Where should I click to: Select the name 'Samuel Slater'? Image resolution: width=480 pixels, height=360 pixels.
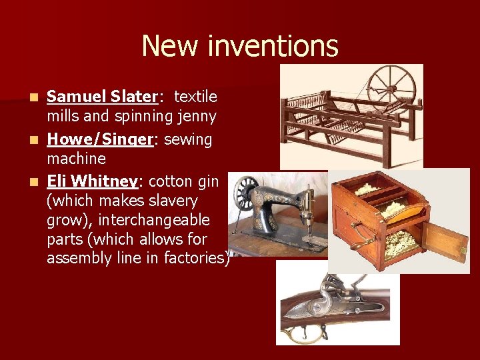click(101, 97)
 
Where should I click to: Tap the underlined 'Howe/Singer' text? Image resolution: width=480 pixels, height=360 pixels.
click(92, 139)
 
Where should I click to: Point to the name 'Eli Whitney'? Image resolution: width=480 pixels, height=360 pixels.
click(91, 181)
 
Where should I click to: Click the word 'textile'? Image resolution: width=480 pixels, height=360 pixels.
click(195, 97)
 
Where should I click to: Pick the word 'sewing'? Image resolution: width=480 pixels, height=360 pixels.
click(189, 139)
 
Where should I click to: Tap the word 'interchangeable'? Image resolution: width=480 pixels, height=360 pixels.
click(128, 220)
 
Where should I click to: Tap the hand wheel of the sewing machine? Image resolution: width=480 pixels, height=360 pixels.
click(249, 194)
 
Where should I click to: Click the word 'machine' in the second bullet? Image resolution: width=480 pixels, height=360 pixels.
click(76, 159)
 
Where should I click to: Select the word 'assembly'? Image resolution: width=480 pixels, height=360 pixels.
click(76, 258)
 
